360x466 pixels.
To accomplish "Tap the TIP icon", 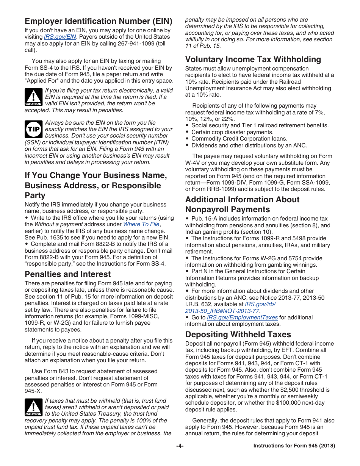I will (33, 130).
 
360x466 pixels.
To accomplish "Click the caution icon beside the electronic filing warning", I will (33, 97).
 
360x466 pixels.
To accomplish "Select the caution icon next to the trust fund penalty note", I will (33, 407).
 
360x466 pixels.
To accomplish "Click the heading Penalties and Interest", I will (68, 274).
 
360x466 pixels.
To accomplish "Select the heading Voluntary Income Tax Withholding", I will (253, 59).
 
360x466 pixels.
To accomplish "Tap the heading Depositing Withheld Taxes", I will (238, 334).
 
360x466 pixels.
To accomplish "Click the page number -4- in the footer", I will (180, 446).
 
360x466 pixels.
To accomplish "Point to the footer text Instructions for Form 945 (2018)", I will (294, 446).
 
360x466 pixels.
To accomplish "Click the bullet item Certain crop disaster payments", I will (232, 132).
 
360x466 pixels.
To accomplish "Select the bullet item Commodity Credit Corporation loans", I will (239, 139).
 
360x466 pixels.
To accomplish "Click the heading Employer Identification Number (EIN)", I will (99, 21).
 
